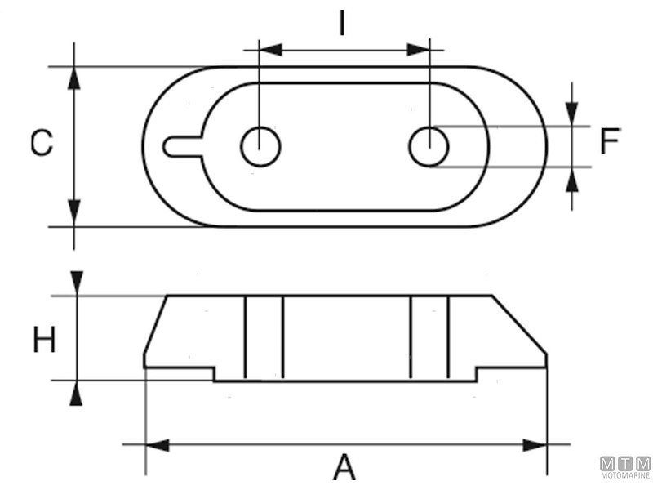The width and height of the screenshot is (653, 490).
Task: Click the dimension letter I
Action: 343,24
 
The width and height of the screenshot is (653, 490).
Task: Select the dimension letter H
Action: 44,339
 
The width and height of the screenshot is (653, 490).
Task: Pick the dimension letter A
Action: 344,467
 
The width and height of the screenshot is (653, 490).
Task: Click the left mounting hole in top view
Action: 261,147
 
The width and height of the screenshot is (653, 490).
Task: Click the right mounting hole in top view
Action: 429,147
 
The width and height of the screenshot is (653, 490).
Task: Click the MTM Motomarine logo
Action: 626,467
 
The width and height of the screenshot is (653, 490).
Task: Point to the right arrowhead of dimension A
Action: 535,445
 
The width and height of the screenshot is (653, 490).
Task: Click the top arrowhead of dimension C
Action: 74,78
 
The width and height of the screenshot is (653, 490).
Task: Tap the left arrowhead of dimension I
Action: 269,50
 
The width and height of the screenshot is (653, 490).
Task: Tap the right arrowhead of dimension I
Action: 419,50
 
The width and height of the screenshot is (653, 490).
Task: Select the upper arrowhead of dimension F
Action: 573,114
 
